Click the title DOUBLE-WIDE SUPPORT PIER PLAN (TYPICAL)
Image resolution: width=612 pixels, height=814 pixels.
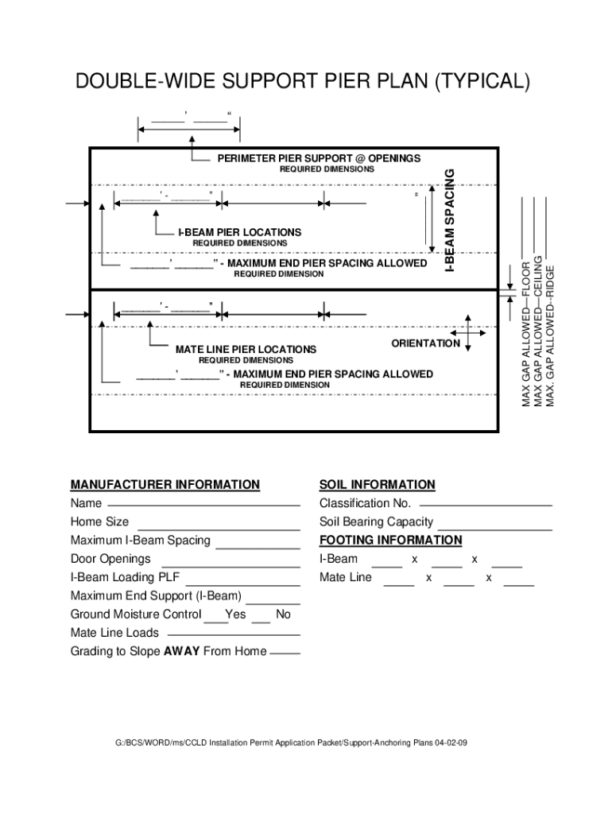(302, 82)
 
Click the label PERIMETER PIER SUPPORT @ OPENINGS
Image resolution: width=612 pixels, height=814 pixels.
(319, 158)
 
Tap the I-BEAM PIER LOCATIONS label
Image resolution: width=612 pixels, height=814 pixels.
(239, 232)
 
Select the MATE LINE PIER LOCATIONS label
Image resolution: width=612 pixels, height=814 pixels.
(246, 349)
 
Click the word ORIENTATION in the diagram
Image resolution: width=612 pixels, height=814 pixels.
(425, 343)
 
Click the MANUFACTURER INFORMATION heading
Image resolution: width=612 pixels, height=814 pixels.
(165, 485)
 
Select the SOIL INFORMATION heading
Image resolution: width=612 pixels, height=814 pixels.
(378, 485)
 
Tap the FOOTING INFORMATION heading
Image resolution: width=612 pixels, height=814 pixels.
(390, 541)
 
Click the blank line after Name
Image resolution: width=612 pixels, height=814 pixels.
(203, 506)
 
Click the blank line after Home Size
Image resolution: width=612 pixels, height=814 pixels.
(219, 529)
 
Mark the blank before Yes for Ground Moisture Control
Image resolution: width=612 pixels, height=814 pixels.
(214, 621)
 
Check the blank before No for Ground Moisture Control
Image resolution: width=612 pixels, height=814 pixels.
(261, 621)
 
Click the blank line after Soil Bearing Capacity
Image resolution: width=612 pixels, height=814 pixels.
(494, 529)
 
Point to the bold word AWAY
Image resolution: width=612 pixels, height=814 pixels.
(181, 652)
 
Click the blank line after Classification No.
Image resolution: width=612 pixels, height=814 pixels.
(486, 506)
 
